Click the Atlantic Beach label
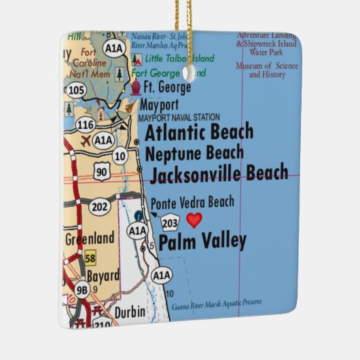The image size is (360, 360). (199, 132)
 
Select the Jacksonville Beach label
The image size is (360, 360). (218, 175)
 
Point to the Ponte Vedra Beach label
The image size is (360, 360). (192, 202)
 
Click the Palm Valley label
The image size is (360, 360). (202, 241)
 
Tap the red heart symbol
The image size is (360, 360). (194, 220)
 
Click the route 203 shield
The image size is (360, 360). (170, 222)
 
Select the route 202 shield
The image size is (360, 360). (99, 205)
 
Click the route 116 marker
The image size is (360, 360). (86, 125)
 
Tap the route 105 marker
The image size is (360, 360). (77, 90)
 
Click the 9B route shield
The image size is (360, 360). (82, 290)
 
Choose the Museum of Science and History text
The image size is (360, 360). (266, 70)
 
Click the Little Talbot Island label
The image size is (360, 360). (181, 58)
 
